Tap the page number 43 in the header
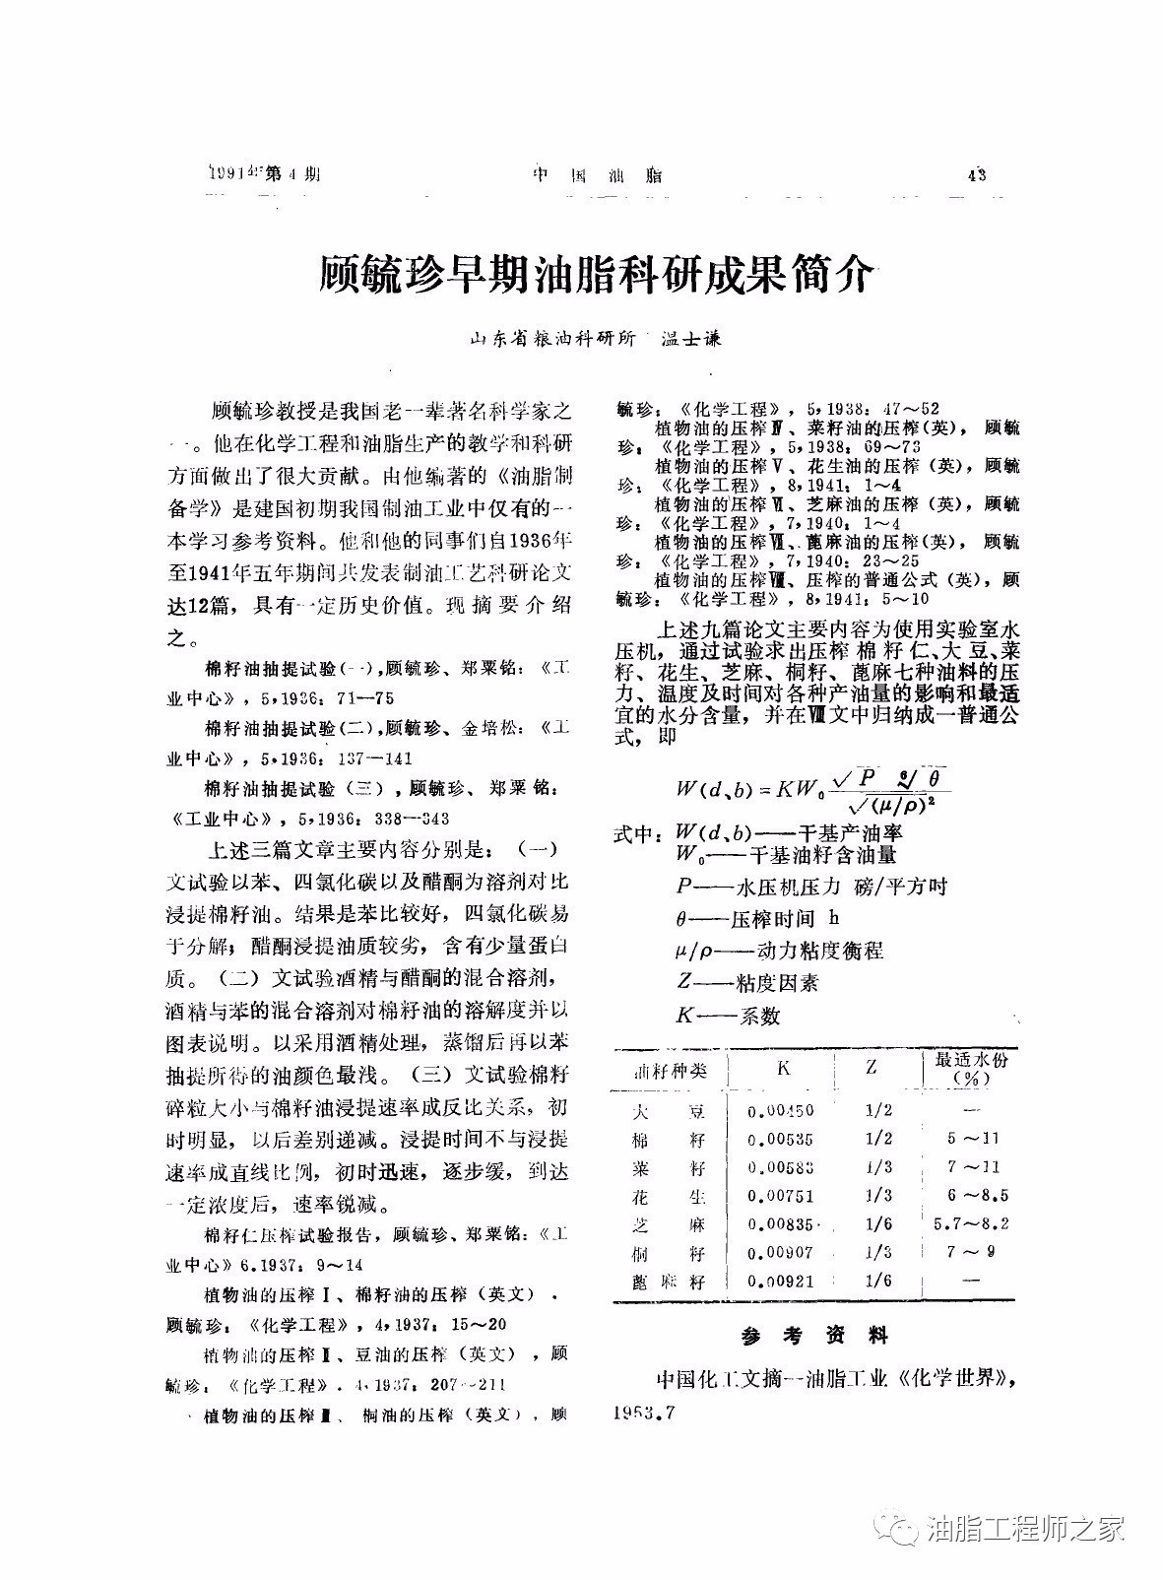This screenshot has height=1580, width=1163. tap(977, 176)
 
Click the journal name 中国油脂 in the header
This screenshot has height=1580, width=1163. tap(597, 176)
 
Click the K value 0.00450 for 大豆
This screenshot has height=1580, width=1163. tap(781, 1110)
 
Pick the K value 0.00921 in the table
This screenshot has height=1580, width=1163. tap(781, 1282)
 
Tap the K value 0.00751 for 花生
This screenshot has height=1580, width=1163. tap(781, 1196)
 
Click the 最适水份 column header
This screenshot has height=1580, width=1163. tap(971, 1068)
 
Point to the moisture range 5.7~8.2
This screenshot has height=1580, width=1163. tap(971, 1224)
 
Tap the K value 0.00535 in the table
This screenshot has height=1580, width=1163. tap(781, 1139)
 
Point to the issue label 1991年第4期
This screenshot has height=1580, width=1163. tap(266, 175)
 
